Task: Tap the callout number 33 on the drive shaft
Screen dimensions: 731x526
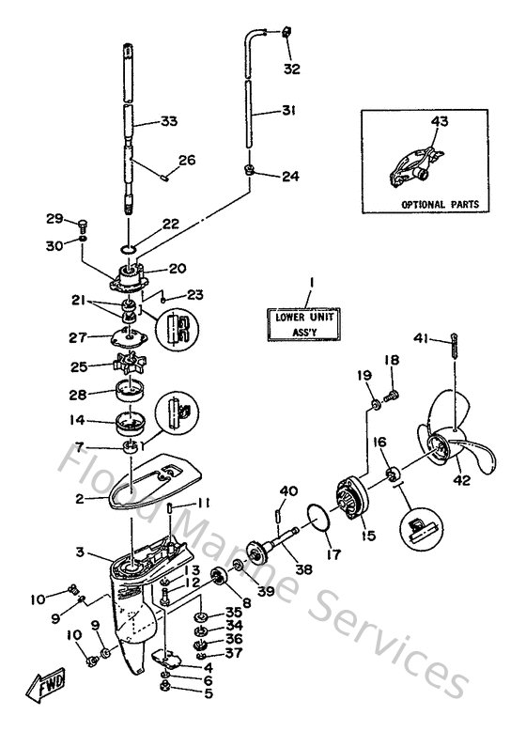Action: (168, 121)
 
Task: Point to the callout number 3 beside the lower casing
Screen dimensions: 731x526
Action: (81, 551)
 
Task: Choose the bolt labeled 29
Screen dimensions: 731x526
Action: (82, 224)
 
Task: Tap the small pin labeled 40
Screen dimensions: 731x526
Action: (278, 515)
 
